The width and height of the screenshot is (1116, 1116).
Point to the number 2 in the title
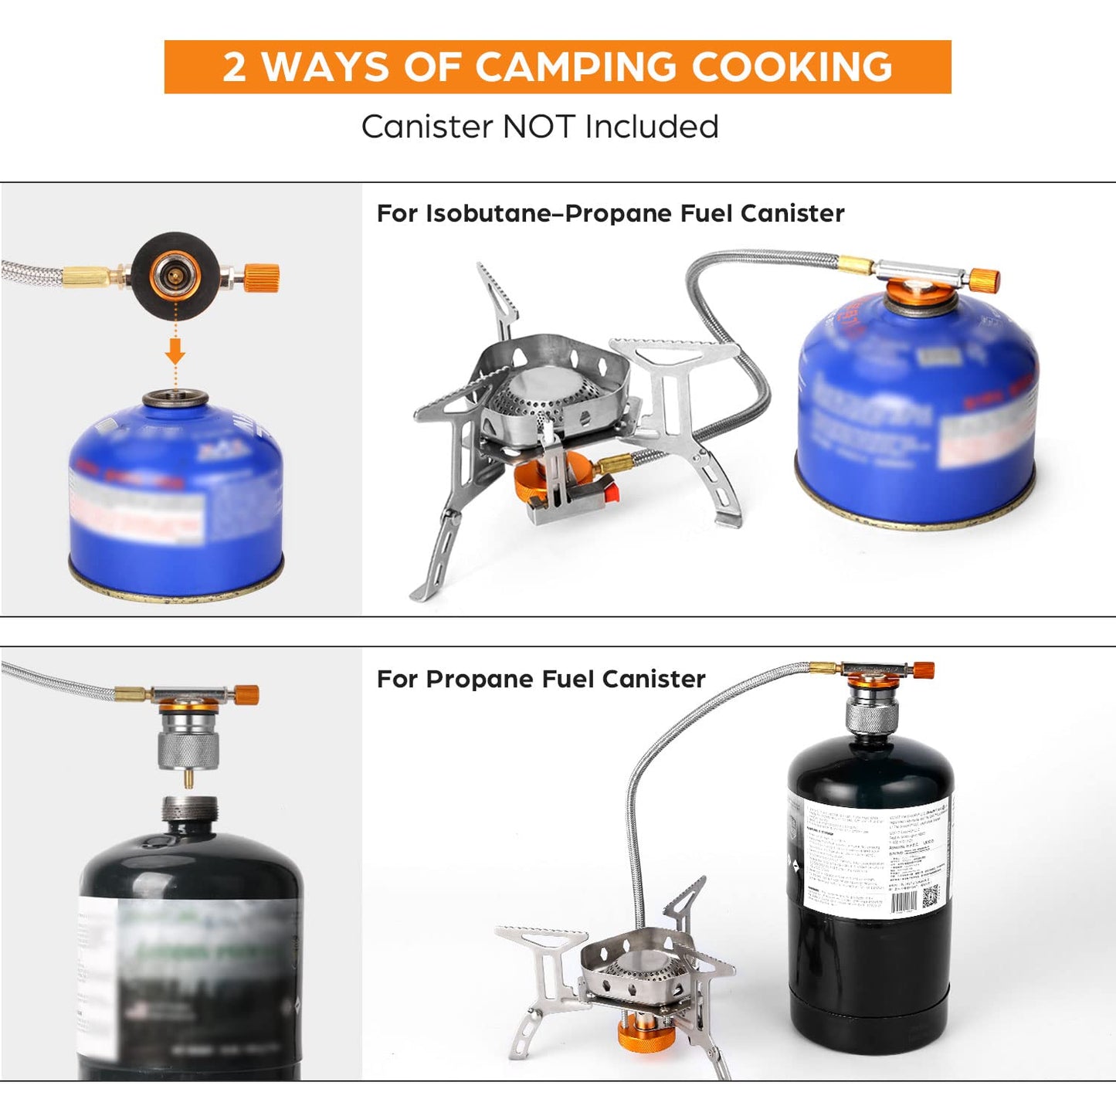click(234, 67)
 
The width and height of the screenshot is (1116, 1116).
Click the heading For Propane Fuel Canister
click(541, 679)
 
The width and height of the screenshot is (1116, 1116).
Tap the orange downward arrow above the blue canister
click(175, 353)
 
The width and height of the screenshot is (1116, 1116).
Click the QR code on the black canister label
click(931, 897)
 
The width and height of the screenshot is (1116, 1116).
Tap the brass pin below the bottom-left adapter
click(188, 778)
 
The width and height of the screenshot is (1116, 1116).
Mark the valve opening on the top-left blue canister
click(175, 399)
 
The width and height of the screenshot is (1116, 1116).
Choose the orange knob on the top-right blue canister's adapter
click(985, 280)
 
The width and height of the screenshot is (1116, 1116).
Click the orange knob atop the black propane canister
click(922, 670)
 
